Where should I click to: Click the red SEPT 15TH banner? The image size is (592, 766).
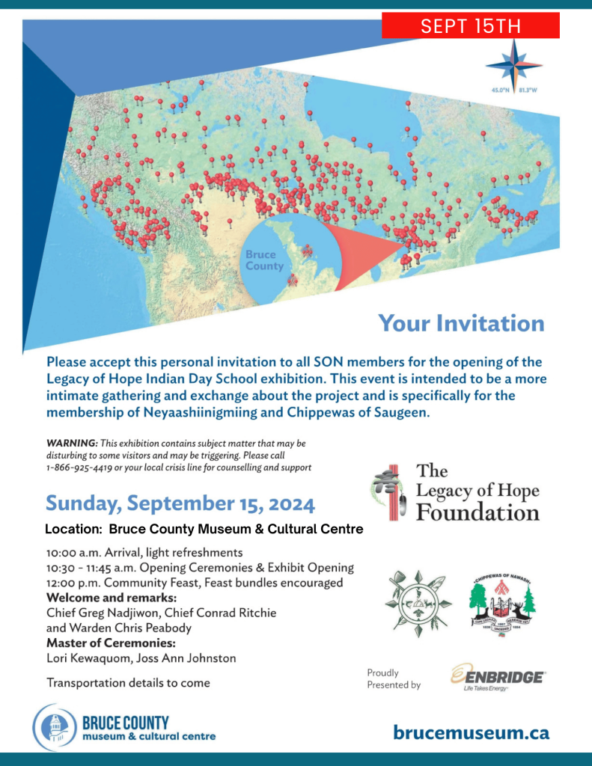[x=470, y=26]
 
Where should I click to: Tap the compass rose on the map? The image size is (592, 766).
[x=513, y=65]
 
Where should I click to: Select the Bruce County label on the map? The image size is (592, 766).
[x=265, y=260]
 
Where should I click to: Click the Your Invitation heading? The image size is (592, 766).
[x=461, y=323]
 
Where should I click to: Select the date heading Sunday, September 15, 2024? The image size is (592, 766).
[x=180, y=503]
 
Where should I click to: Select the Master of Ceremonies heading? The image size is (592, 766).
[x=111, y=643]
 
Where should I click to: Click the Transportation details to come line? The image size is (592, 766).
[x=128, y=682]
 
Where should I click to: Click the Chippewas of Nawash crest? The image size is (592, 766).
[x=502, y=604]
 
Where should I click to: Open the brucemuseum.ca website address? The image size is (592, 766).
[x=471, y=732]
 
